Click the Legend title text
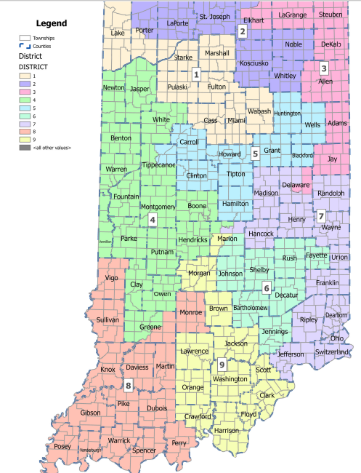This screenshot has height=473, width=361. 52,23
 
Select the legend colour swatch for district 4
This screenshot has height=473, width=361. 25,98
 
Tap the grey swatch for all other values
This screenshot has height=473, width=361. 25,148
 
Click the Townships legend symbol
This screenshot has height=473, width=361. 25,37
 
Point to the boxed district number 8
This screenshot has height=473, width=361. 129,386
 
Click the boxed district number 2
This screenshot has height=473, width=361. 243,31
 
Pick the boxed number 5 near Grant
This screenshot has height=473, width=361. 255,154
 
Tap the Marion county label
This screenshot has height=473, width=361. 227,239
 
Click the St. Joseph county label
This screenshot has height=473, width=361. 214,17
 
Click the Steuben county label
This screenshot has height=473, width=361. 330,14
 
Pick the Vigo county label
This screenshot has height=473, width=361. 111,278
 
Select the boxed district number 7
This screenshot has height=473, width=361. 320,216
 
